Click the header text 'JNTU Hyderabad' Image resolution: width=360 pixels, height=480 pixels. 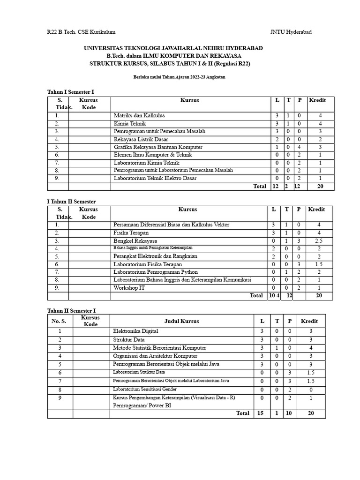coord(291,32)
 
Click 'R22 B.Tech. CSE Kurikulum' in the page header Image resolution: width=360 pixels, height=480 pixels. coord(81,32)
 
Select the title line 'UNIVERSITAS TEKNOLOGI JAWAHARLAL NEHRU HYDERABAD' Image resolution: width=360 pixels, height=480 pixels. coord(173,48)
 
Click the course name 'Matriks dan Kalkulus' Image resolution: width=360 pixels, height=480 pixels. coord(139,115)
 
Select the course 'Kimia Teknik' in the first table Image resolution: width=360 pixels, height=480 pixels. coord(130,123)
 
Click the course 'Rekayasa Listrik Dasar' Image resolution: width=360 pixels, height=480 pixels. coord(141,139)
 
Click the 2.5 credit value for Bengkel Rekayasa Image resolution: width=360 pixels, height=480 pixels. coord(319,240)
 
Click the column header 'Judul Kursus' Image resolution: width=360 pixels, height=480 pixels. coord(181,321)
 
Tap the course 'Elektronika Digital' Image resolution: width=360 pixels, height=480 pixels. coord(136,331)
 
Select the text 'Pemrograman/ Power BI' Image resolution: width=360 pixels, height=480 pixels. coord(142,405)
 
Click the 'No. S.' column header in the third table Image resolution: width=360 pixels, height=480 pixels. coord(59,321)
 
